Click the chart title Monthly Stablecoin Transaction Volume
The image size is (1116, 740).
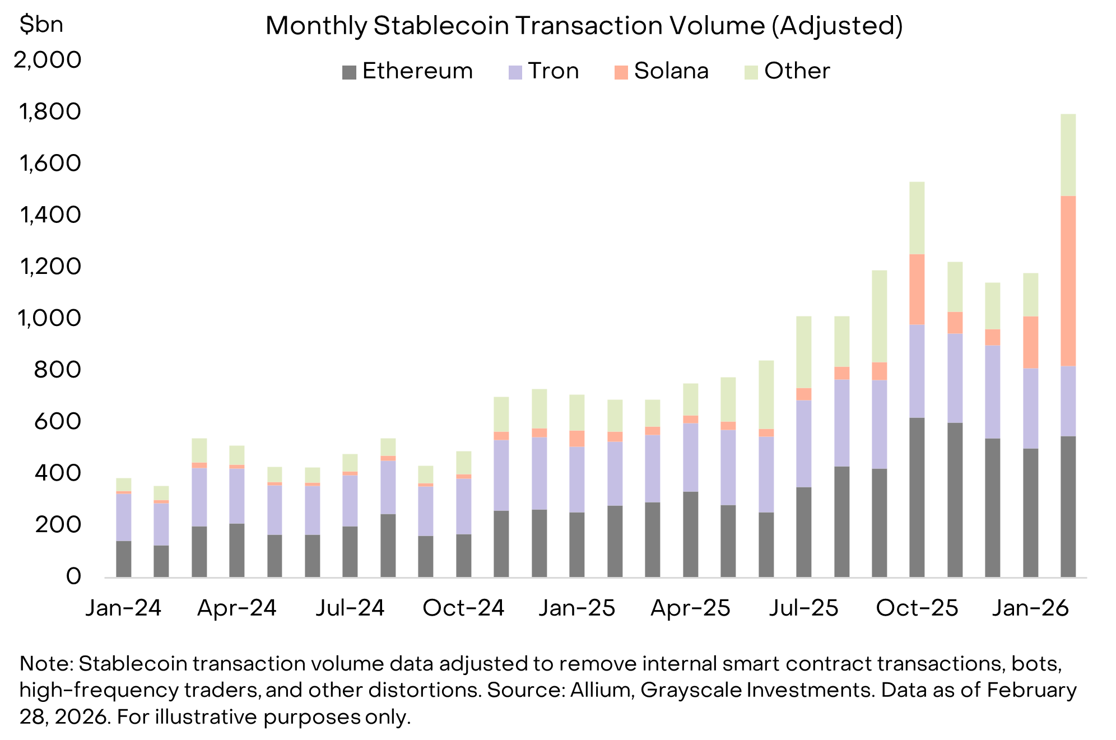coord(584,26)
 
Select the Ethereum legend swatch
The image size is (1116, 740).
coord(349,72)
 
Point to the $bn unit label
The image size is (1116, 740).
coord(41,24)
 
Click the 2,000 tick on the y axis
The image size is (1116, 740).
coord(48,59)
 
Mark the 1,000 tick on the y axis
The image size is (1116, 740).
coord(49,318)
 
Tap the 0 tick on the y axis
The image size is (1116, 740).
coord(73,576)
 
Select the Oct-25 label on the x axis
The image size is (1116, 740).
coord(917,608)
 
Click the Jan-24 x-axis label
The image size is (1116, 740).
coord(123,608)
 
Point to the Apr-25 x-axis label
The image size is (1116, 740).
coord(690,608)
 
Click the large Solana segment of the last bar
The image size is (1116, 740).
coord(1068,280)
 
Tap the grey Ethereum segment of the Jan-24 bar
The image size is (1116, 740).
coord(123,559)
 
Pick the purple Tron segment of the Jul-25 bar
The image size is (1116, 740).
coord(803,443)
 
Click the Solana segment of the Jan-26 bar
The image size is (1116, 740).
coord(1030,342)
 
